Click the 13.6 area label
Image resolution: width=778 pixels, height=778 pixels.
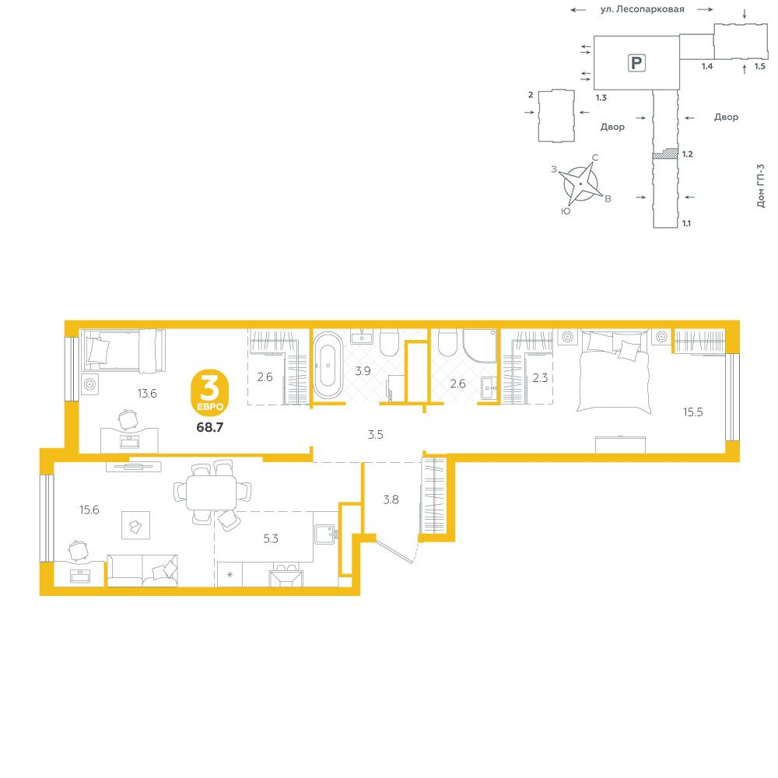point(147,394)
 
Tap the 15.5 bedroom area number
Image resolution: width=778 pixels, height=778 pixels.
point(692,412)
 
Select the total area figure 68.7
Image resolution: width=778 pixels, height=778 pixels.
point(210,426)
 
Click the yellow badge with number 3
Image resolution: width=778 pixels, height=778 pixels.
point(210,392)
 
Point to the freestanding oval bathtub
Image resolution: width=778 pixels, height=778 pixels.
point(328,365)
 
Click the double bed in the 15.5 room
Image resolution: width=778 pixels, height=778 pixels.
point(614,370)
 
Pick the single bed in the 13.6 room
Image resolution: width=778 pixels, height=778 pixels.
point(124,350)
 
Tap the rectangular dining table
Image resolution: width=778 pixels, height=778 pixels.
point(212,492)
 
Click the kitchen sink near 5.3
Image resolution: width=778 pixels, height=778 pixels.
point(326,534)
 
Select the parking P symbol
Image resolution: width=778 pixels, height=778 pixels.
point(636,63)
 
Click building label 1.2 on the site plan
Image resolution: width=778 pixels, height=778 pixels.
point(687,154)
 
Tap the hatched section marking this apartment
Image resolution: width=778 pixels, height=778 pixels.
point(665,153)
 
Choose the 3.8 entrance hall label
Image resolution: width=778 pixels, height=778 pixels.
point(391,499)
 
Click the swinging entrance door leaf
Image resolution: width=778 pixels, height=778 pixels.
point(394,549)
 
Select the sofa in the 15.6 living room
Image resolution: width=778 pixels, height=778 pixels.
point(142,570)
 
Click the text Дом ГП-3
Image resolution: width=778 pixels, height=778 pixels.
point(761,186)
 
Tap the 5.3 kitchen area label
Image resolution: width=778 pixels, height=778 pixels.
point(271,538)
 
